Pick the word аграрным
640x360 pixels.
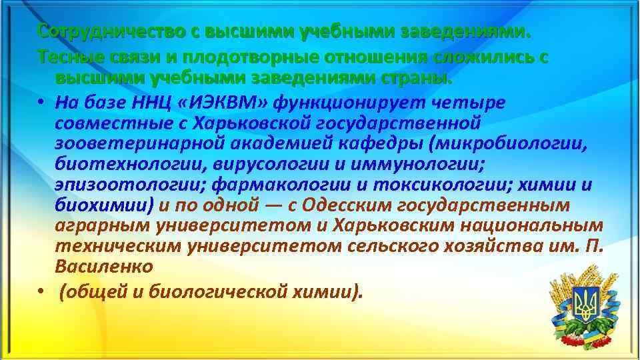point(102,225)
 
